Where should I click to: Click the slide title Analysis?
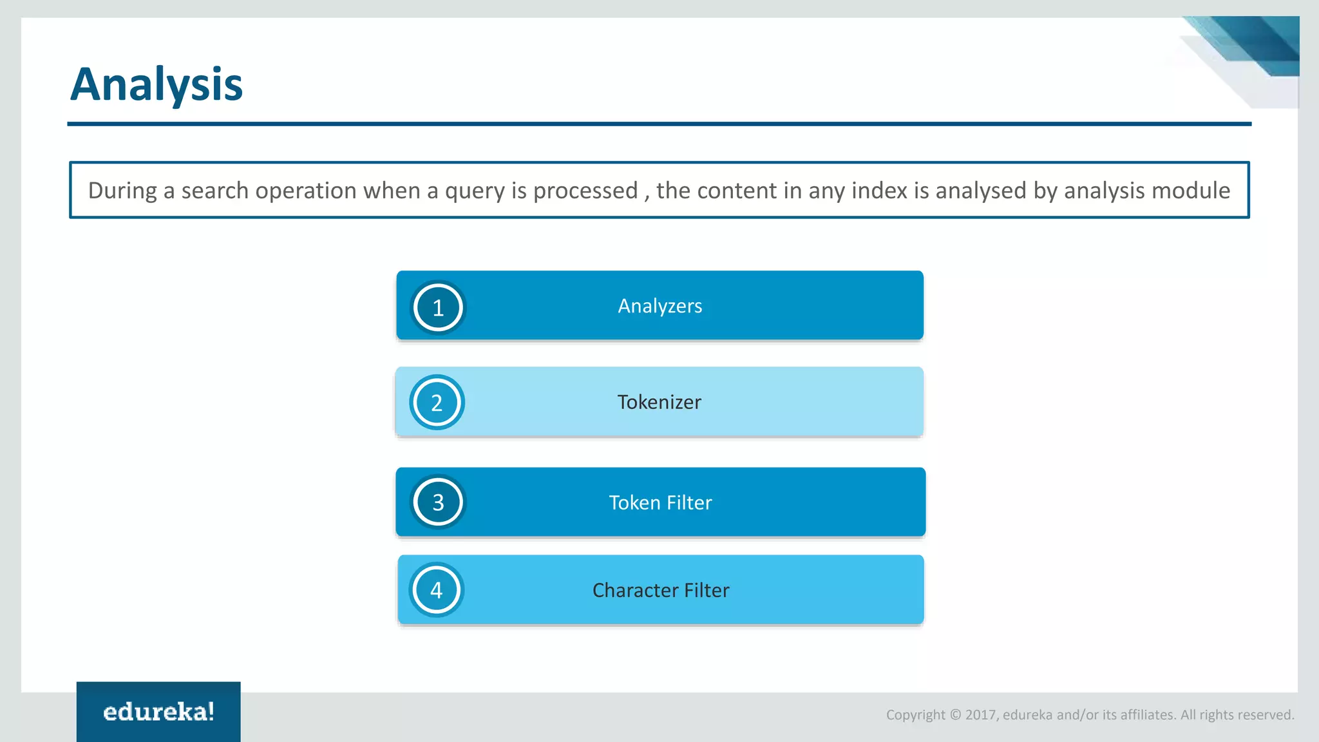(x=157, y=84)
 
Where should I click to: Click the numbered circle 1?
(x=438, y=308)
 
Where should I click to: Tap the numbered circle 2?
(x=437, y=403)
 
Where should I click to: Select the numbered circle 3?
(x=438, y=502)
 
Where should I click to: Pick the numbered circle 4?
(x=437, y=590)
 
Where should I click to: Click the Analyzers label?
(x=659, y=306)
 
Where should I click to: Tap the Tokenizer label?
(x=659, y=402)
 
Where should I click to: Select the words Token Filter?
(x=660, y=502)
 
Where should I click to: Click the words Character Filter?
(x=661, y=590)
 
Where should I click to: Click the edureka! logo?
(x=158, y=712)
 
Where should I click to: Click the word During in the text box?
(x=122, y=191)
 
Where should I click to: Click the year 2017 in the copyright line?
(x=981, y=715)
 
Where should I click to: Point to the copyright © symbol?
(x=955, y=715)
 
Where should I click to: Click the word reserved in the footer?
(x=1266, y=715)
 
